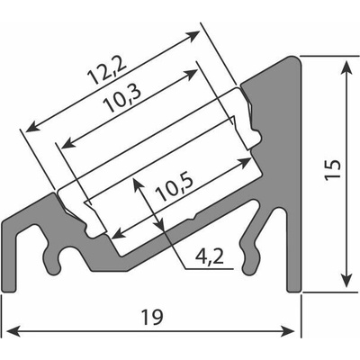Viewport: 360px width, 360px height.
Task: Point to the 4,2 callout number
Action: pos(210,257)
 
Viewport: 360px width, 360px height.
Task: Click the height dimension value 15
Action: pos(333,170)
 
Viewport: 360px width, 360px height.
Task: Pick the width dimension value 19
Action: pos(153,318)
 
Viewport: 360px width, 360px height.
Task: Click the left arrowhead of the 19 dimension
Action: pos(13,331)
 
